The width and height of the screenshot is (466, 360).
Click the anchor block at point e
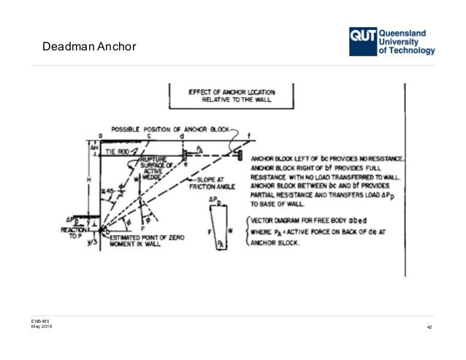pyautogui.click(x=184, y=154)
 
